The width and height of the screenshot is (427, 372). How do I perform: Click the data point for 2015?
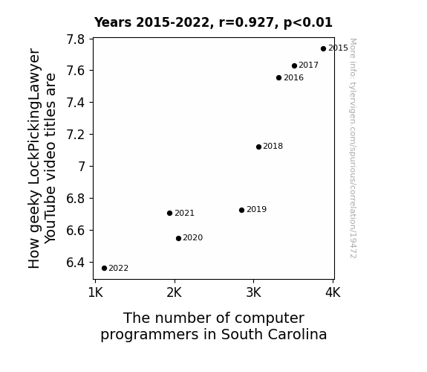pos(323,49)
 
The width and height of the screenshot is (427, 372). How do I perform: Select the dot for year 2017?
pos(294,65)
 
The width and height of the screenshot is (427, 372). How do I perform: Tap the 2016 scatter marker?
pos(279,78)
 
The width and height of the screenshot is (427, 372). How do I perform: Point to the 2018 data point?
pos(258,147)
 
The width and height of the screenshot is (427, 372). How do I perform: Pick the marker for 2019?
pos(241,210)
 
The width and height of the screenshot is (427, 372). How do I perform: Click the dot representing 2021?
pos(169,214)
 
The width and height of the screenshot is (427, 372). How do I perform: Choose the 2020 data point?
pos(179,239)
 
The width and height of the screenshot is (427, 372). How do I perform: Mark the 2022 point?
pos(104,269)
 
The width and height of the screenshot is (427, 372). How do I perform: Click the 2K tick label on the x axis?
pos(175,293)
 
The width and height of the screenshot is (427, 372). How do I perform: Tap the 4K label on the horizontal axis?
pos(333,293)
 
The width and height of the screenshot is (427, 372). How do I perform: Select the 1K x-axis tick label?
pos(96,293)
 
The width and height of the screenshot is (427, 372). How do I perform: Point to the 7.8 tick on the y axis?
pos(76,39)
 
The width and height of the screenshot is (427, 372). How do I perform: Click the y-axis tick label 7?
pos(82,167)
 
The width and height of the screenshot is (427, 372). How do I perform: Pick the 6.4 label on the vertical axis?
pos(76,263)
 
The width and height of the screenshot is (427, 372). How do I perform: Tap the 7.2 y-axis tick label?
pos(76,135)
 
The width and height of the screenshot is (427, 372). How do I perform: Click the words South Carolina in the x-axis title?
pos(274,334)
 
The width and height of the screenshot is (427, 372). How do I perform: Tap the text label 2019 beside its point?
pos(256,209)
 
